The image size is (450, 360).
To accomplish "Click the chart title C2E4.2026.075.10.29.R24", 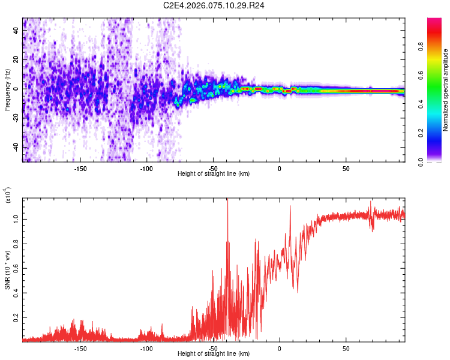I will [214, 5].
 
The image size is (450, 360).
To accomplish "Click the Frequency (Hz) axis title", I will [7, 90].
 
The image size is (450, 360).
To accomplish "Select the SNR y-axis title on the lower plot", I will [8, 270].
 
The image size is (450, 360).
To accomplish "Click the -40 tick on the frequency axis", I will [14, 147].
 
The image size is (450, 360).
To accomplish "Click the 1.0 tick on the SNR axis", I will [16, 220].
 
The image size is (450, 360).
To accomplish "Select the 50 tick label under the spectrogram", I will [346, 169].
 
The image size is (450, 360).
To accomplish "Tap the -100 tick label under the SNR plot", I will [146, 348].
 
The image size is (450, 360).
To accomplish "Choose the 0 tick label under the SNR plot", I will [280, 348].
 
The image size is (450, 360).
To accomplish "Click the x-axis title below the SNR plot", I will [214, 354].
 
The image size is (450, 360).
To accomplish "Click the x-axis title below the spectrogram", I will [214, 174].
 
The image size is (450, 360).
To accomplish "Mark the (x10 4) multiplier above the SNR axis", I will [8, 195].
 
